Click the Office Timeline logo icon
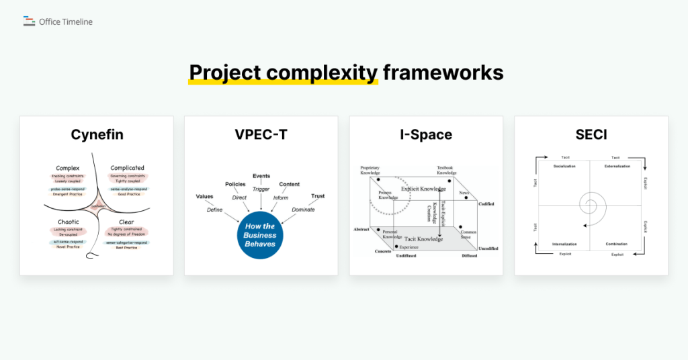(29, 21)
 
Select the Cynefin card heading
(97, 134)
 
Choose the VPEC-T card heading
(261, 134)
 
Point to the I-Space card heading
(426, 134)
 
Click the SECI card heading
(591, 134)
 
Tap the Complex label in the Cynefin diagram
(68, 168)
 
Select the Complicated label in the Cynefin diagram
(127, 168)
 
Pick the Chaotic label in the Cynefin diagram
(67, 222)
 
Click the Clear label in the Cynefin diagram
(126, 222)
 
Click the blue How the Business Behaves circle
(260, 235)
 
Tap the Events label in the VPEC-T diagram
(261, 176)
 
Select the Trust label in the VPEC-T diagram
(318, 196)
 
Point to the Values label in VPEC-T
(204, 196)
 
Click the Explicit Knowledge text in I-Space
(423, 189)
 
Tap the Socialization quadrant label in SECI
(565, 166)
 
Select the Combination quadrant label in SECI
(616, 244)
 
